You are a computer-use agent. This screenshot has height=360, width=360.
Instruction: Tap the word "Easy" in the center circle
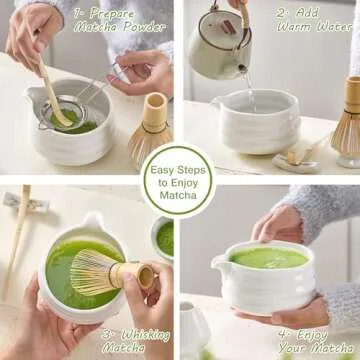click(163, 170)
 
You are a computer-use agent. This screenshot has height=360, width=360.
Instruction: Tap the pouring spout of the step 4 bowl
click(219, 264)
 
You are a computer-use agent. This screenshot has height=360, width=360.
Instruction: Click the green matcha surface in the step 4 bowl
click(270, 257)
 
